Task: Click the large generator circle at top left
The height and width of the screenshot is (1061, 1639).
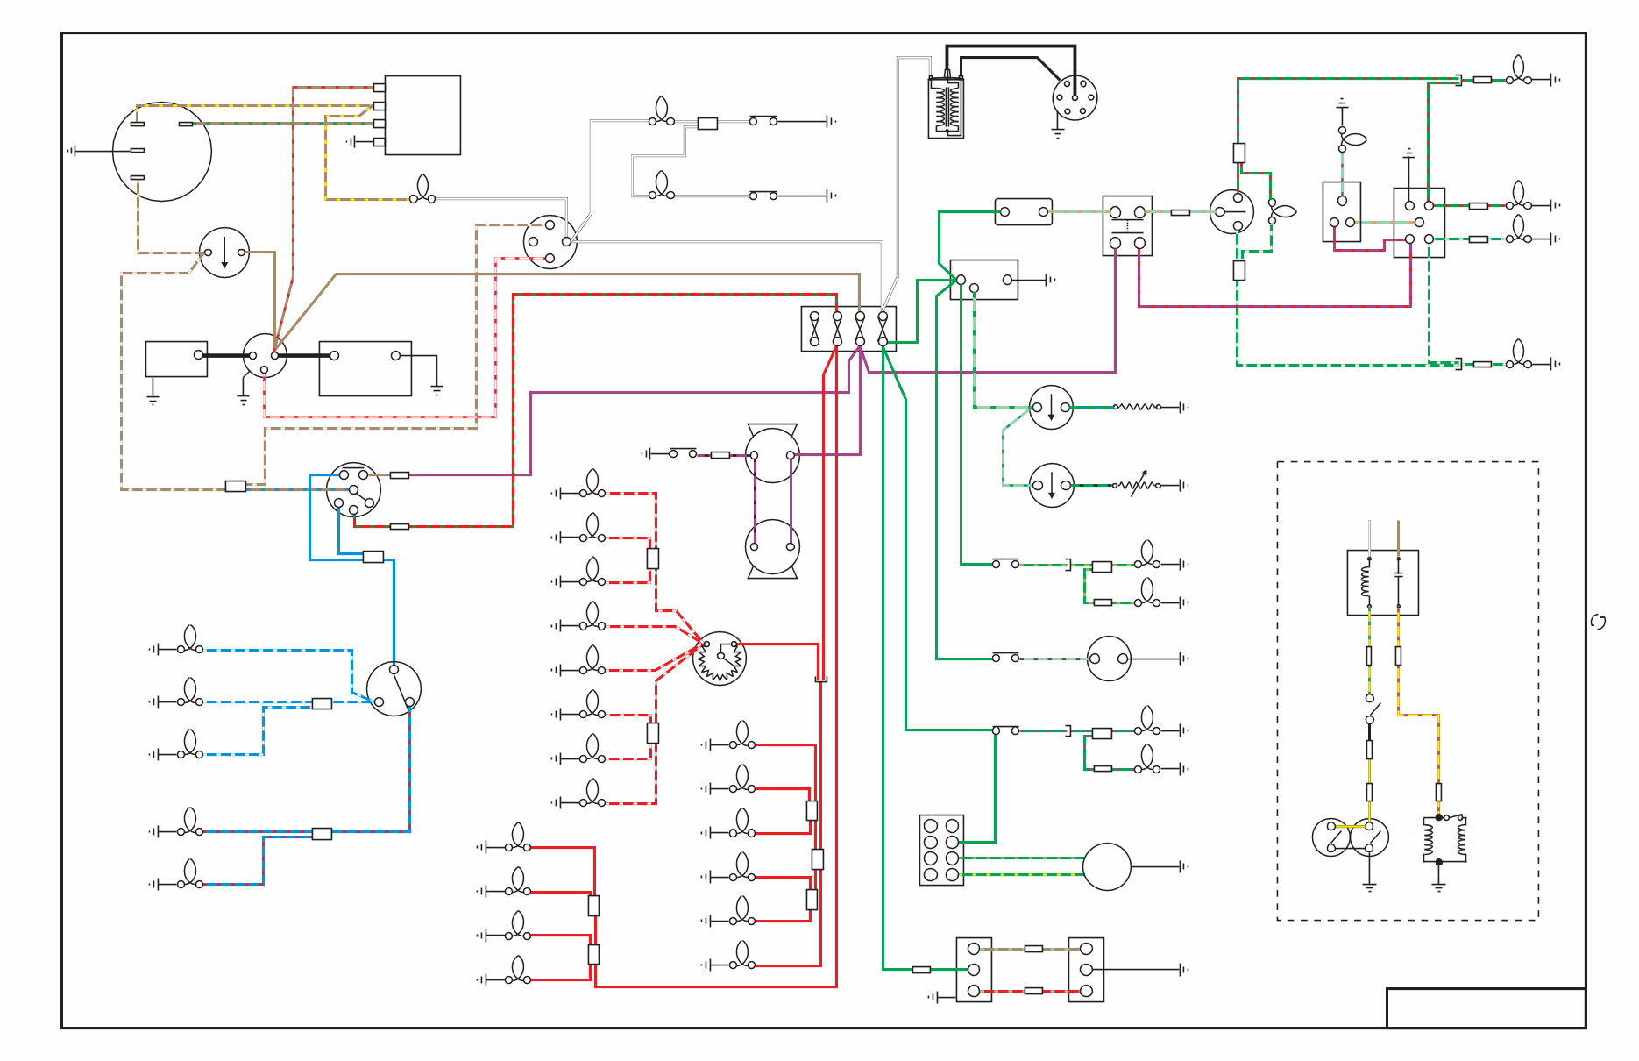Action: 162,151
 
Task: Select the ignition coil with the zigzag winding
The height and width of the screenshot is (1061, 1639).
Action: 946,107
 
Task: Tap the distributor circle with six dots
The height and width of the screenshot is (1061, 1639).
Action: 1075,97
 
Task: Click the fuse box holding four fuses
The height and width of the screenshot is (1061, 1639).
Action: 848,329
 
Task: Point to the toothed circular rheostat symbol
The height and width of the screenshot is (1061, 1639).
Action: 719,658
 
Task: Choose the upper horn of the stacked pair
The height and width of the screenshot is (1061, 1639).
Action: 772,454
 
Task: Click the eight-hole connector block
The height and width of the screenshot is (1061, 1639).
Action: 941,850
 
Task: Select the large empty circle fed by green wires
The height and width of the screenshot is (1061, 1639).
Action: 1106,866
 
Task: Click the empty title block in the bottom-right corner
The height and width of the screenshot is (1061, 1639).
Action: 1486,1008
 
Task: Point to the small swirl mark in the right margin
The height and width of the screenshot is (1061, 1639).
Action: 1598,622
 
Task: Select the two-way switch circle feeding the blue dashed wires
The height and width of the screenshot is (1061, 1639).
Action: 394,688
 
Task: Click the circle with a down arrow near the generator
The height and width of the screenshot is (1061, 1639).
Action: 224,253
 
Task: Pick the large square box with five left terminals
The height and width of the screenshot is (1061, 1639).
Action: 422,115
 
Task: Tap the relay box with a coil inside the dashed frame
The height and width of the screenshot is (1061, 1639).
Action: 1382,582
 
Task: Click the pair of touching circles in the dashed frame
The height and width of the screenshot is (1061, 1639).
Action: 1350,837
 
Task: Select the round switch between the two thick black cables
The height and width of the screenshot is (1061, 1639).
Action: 265,355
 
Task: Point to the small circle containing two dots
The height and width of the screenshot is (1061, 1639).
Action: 1109,659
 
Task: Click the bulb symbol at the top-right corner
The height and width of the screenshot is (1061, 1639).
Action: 1519,72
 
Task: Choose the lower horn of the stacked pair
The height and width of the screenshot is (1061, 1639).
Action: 772,546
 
